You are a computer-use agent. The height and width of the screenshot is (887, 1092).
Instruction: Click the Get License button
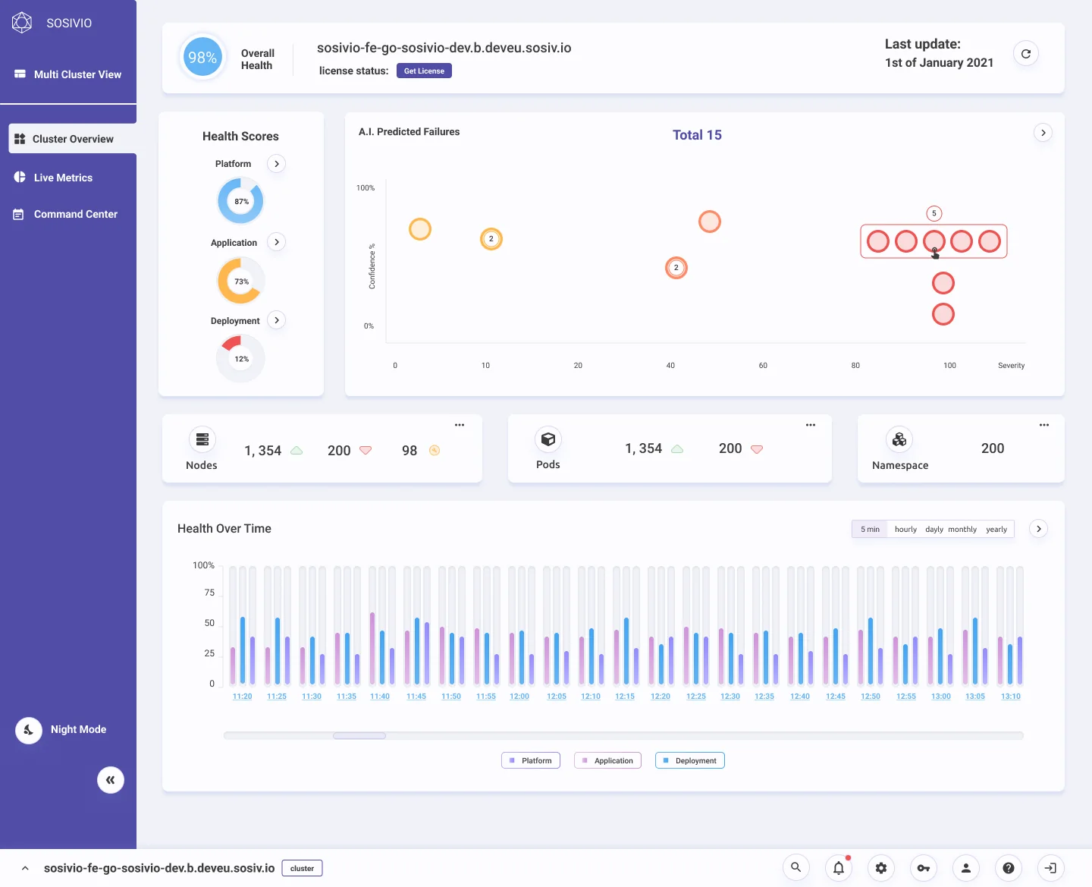pyautogui.click(x=424, y=71)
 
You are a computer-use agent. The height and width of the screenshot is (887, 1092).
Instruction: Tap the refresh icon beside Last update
pyautogui.click(x=1026, y=53)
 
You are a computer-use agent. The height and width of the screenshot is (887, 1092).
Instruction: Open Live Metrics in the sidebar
pyautogui.click(x=63, y=178)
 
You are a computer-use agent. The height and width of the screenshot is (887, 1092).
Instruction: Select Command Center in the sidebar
pyautogui.click(x=75, y=214)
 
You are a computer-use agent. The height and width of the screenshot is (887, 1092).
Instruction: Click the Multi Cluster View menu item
pyautogui.click(x=77, y=74)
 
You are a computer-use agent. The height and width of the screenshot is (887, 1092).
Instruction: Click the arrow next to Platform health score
pyautogui.click(x=276, y=164)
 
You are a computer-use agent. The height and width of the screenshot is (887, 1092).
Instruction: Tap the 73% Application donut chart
pyautogui.click(x=240, y=282)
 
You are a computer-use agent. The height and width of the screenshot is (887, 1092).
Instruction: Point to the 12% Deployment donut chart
pyautogui.click(x=240, y=359)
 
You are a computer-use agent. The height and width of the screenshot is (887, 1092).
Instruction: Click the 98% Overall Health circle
pyautogui.click(x=202, y=57)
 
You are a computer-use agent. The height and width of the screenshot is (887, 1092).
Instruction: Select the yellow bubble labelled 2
pyautogui.click(x=491, y=239)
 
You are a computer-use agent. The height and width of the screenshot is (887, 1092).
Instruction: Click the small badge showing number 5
pyautogui.click(x=934, y=213)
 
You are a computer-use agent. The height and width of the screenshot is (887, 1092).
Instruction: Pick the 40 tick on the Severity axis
pyautogui.click(x=670, y=365)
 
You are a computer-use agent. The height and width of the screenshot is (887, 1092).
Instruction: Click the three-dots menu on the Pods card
pyautogui.click(x=810, y=425)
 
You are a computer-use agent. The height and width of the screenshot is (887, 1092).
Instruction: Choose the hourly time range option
pyautogui.click(x=905, y=529)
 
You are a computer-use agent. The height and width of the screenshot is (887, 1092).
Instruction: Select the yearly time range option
pyautogui.click(x=996, y=529)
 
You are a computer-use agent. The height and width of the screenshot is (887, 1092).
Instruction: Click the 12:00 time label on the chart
pyautogui.click(x=519, y=696)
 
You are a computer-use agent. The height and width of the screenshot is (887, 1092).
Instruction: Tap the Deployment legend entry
pyautogui.click(x=689, y=760)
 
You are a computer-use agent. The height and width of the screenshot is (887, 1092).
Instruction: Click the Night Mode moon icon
pyautogui.click(x=29, y=729)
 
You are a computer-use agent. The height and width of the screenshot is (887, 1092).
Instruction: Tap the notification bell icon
pyautogui.click(x=838, y=867)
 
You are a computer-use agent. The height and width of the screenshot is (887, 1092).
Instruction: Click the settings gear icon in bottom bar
pyautogui.click(x=880, y=867)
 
